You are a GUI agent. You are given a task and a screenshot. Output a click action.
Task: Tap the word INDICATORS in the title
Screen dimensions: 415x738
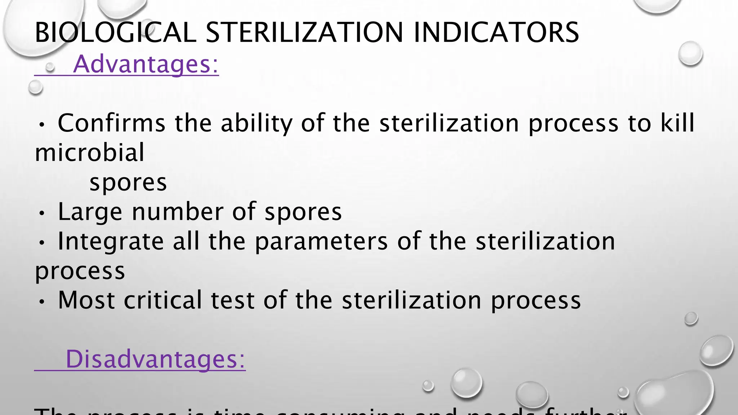pos(496,32)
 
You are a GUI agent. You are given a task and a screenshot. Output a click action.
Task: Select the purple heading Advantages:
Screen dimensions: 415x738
pos(146,64)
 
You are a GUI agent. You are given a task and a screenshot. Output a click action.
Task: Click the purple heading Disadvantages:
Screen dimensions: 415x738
pos(155,359)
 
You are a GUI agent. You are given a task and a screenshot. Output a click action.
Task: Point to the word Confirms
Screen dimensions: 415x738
pos(111,123)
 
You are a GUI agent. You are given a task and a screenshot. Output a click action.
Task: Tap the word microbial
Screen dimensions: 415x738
pos(89,152)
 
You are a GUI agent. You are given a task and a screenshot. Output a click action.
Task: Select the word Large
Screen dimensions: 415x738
pos(90,212)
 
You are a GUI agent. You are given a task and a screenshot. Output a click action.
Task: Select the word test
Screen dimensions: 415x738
pos(233,300)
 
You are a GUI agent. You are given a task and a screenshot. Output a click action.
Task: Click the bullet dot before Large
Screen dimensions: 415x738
pos(42,214)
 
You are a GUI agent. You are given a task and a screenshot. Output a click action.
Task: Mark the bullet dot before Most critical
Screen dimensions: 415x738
pos(42,302)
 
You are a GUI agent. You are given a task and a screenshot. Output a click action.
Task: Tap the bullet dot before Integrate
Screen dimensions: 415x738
pos(42,244)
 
